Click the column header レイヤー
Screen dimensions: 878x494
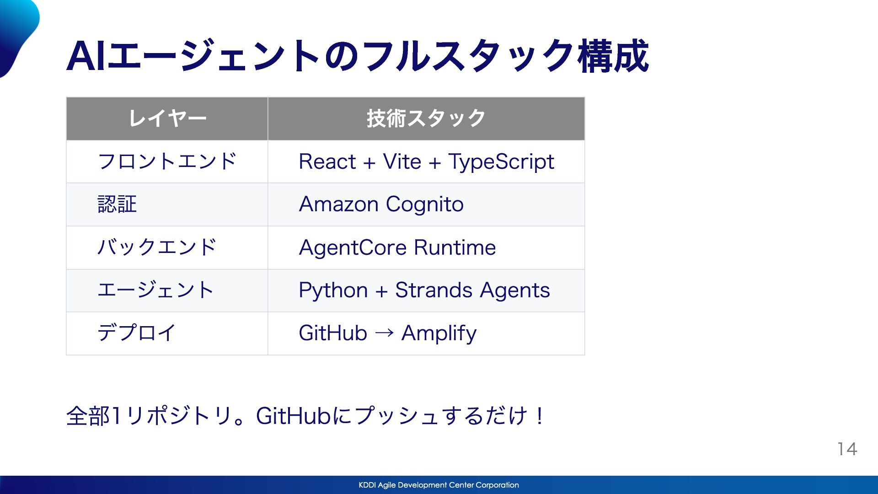click(167, 118)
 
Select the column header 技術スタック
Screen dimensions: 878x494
click(426, 118)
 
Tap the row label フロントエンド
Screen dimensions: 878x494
click(167, 161)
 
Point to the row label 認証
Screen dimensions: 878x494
click(117, 204)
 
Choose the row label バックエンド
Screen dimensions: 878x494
click(157, 247)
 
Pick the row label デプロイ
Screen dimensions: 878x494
click(137, 333)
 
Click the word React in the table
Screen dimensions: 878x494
click(327, 161)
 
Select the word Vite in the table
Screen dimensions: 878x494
click(402, 161)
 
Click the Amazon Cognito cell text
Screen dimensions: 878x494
click(381, 204)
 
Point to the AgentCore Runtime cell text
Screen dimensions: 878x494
click(397, 247)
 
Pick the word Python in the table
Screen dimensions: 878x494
click(333, 290)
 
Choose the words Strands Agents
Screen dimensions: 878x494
click(472, 290)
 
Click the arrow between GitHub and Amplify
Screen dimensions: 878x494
click(384, 333)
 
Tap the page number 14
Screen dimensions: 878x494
click(847, 449)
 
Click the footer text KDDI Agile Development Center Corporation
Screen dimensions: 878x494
click(439, 485)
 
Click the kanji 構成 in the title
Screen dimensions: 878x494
click(613, 57)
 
